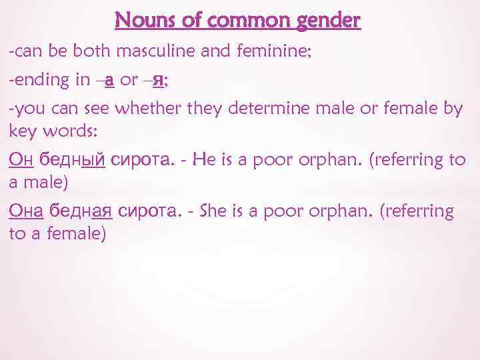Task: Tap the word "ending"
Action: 41,81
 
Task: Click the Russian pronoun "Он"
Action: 21,159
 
